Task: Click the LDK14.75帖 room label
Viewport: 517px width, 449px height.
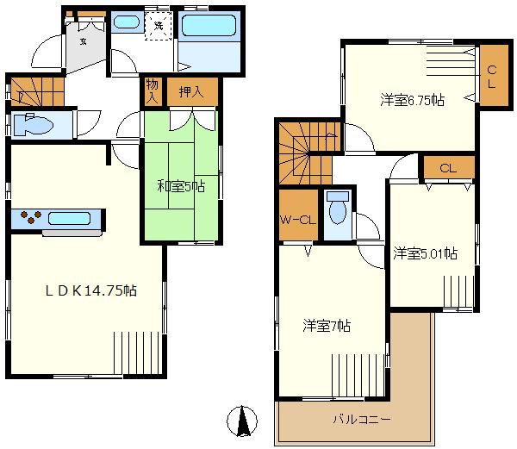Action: click(x=90, y=291)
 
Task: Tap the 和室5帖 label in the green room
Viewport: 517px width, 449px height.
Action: click(x=178, y=184)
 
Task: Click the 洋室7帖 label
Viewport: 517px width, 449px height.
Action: click(x=327, y=326)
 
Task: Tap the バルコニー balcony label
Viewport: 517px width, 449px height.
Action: click(x=362, y=419)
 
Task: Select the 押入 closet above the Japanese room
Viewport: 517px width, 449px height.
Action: click(x=191, y=91)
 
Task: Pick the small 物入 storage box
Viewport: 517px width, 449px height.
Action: click(x=152, y=90)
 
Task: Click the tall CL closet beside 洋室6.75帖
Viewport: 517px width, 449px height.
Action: click(x=492, y=77)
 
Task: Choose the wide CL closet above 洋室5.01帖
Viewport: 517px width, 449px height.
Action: click(x=447, y=168)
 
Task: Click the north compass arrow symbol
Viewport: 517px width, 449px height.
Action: click(x=243, y=421)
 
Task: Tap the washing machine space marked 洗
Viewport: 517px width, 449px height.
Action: click(x=159, y=25)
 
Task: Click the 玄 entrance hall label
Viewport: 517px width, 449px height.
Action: click(x=84, y=41)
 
